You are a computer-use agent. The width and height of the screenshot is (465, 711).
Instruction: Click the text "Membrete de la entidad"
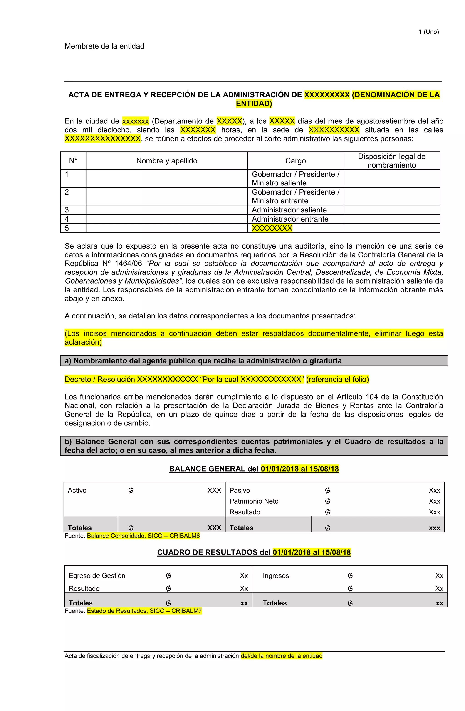(104, 46)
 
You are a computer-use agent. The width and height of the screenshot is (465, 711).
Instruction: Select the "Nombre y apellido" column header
(167, 161)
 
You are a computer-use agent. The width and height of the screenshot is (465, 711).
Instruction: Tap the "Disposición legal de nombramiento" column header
(391, 161)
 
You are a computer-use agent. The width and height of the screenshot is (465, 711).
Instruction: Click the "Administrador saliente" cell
(289, 210)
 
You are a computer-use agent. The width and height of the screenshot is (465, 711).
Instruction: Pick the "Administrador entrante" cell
(290, 219)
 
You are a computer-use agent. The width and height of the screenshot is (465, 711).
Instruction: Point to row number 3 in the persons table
(67, 210)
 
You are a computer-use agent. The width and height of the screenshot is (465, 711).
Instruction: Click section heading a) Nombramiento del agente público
(203, 361)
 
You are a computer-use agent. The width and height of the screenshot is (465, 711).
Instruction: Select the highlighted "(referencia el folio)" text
(337, 379)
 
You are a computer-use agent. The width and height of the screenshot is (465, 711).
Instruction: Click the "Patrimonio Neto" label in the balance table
(254, 501)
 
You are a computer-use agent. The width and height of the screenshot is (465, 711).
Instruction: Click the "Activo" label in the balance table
(77, 491)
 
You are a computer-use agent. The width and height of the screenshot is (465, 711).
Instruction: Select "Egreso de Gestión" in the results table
(97, 576)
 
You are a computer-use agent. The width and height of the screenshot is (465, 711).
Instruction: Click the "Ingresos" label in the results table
(276, 576)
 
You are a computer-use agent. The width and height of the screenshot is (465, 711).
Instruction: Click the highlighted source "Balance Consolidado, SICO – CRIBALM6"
(143, 536)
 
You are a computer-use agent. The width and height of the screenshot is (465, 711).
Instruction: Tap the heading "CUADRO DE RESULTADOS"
(214, 552)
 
